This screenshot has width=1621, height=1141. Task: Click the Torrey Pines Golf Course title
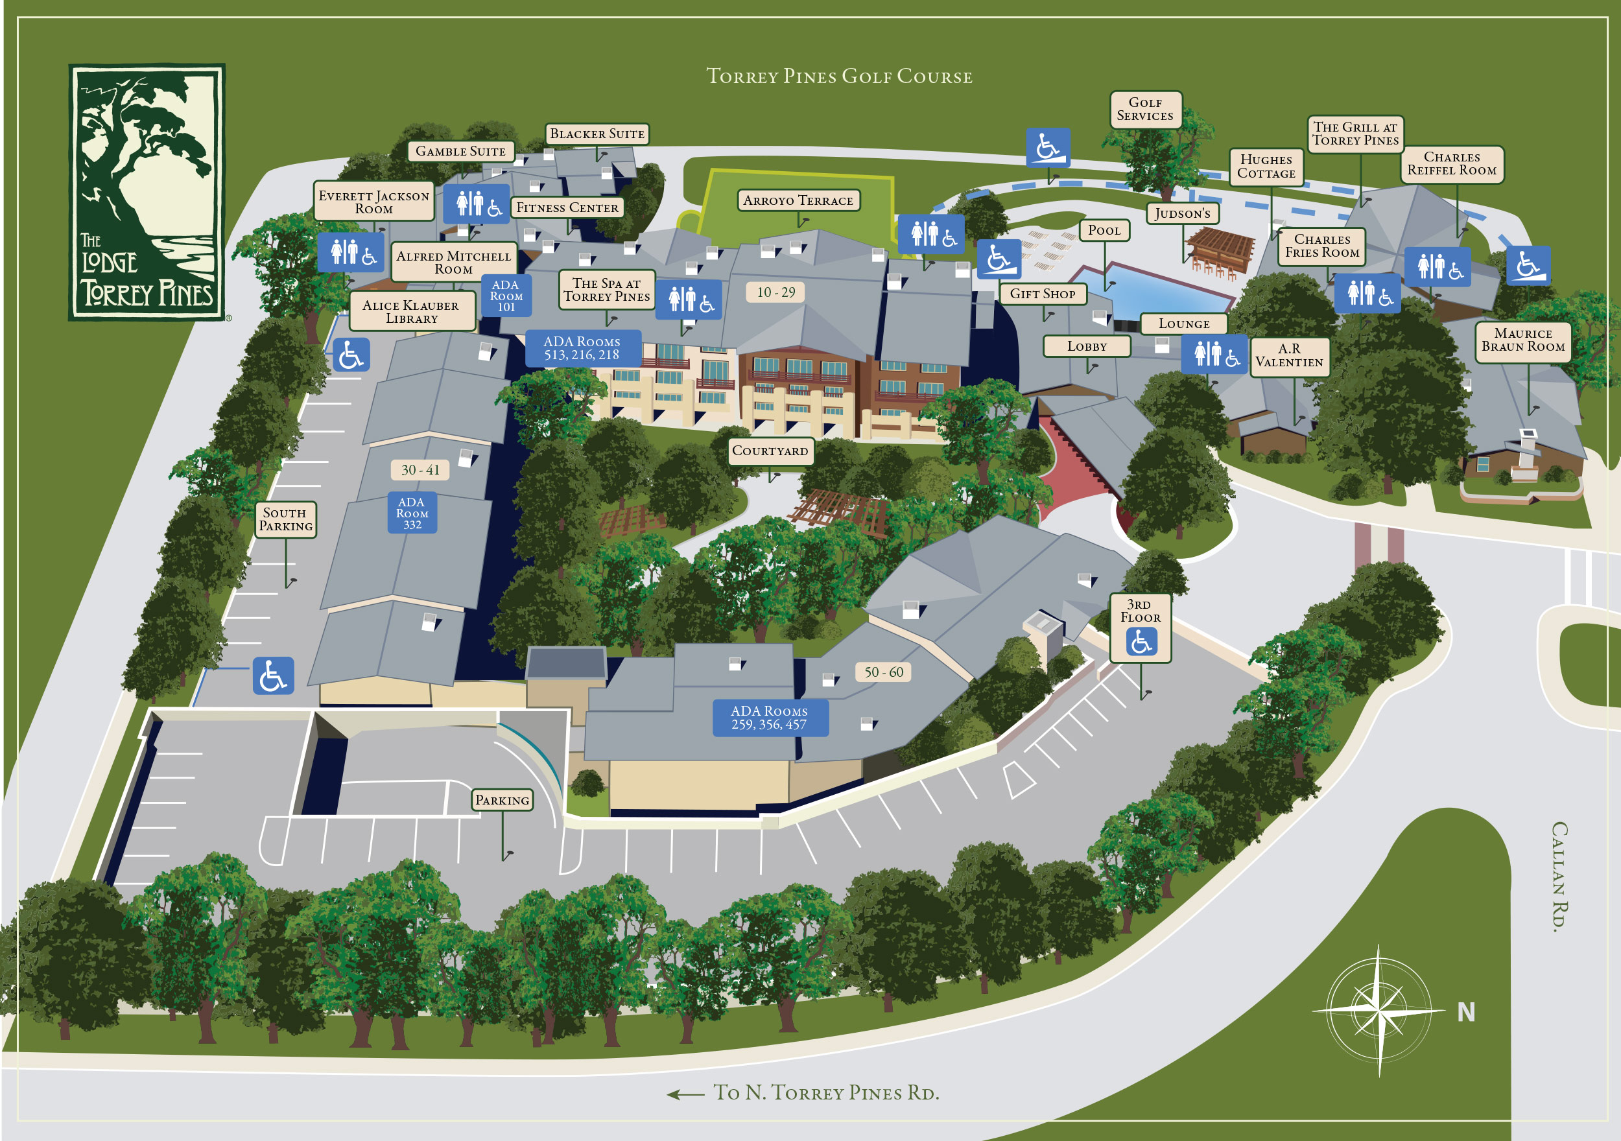pyautogui.click(x=839, y=76)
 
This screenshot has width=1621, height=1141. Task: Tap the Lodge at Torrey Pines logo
pyautogui.click(x=147, y=192)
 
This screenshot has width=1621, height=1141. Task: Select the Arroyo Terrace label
pyautogui.click(x=798, y=200)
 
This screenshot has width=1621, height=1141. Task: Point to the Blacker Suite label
pyautogui.click(x=597, y=134)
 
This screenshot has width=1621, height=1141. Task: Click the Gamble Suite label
pyautogui.click(x=460, y=151)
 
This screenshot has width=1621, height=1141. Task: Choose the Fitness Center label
pyautogui.click(x=567, y=207)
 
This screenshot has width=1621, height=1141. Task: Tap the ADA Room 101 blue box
pyautogui.click(x=506, y=296)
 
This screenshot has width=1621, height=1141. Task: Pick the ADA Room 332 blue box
pyautogui.click(x=412, y=513)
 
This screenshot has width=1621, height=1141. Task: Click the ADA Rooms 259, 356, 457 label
pyautogui.click(x=770, y=718)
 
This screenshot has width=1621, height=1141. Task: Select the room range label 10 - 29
pyautogui.click(x=776, y=292)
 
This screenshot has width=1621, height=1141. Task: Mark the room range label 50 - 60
pyautogui.click(x=884, y=672)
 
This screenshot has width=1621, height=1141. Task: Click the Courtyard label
pyautogui.click(x=770, y=451)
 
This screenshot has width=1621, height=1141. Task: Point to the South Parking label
pyautogui.click(x=285, y=520)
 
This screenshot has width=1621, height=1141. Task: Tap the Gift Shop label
pyautogui.click(x=1042, y=294)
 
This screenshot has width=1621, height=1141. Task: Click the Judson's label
pyautogui.click(x=1183, y=213)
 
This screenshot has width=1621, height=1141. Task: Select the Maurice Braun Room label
pyautogui.click(x=1523, y=340)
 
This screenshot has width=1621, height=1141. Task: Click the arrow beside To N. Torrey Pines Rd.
pyautogui.click(x=685, y=1094)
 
